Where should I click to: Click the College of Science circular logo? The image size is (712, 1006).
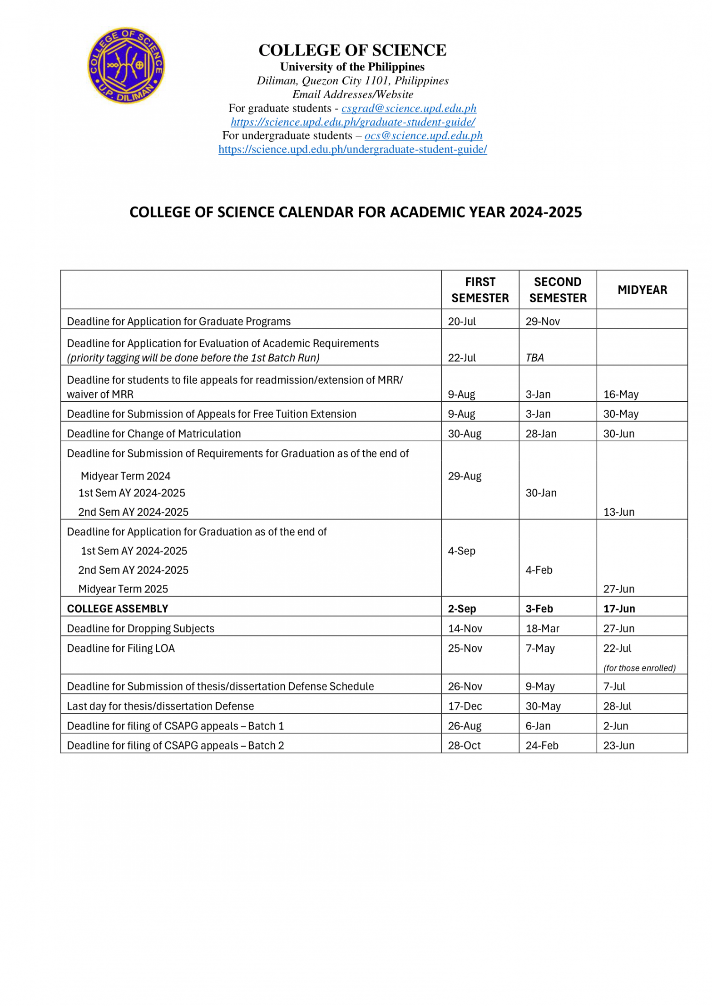pyautogui.click(x=126, y=65)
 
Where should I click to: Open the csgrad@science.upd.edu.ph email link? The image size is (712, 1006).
pyautogui.click(x=409, y=108)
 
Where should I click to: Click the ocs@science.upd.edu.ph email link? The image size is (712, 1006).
pyautogui.click(x=423, y=136)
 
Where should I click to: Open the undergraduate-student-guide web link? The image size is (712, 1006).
pyautogui.click(x=352, y=149)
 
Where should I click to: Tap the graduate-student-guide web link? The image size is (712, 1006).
pyautogui.click(x=352, y=122)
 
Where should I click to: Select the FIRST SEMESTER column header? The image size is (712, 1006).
pyautogui.click(x=480, y=290)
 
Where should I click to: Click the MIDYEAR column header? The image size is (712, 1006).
pyautogui.click(x=642, y=290)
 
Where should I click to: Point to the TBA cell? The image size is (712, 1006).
pyautogui.click(x=534, y=358)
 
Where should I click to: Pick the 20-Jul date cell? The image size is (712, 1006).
pyautogui.click(x=462, y=321)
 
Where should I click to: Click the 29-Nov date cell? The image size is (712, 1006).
pyautogui.click(x=543, y=321)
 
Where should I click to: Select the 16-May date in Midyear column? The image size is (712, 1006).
pyautogui.click(x=621, y=395)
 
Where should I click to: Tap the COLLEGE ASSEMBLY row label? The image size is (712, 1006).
pyautogui.click(x=118, y=609)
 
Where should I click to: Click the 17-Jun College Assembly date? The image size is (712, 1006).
pyautogui.click(x=619, y=609)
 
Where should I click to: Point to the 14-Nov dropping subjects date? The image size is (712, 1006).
pyautogui.click(x=465, y=629)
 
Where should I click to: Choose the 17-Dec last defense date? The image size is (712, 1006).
pyautogui.click(x=465, y=706)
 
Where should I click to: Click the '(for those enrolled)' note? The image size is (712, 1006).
pyautogui.click(x=639, y=668)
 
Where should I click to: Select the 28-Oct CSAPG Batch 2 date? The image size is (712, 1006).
pyautogui.click(x=464, y=746)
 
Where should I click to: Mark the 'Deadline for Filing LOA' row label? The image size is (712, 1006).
pyautogui.click(x=121, y=649)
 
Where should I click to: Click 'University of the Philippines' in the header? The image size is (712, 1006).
pyautogui.click(x=352, y=67)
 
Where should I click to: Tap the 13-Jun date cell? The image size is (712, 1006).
pyautogui.click(x=619, y=512)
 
